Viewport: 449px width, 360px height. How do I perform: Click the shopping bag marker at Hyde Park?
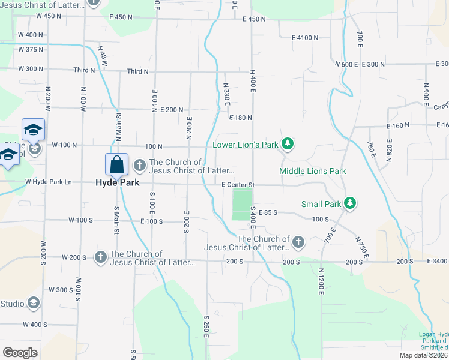(116, 164)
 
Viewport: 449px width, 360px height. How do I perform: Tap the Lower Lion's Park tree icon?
(288, 144)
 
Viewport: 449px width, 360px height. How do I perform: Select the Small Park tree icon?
(352, 204)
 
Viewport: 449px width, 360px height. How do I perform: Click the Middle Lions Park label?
(313, 171)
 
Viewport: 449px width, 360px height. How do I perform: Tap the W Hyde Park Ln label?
(48, 182)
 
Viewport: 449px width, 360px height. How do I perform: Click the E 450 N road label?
(254, 19)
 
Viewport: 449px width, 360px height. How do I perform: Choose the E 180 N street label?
(240, 118)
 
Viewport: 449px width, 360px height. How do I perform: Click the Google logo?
(20, 353)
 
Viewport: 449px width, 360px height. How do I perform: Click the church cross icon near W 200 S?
(100, 257)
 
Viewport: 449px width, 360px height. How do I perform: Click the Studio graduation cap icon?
(33, 304)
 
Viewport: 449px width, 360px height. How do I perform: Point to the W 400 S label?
(35, 325)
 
